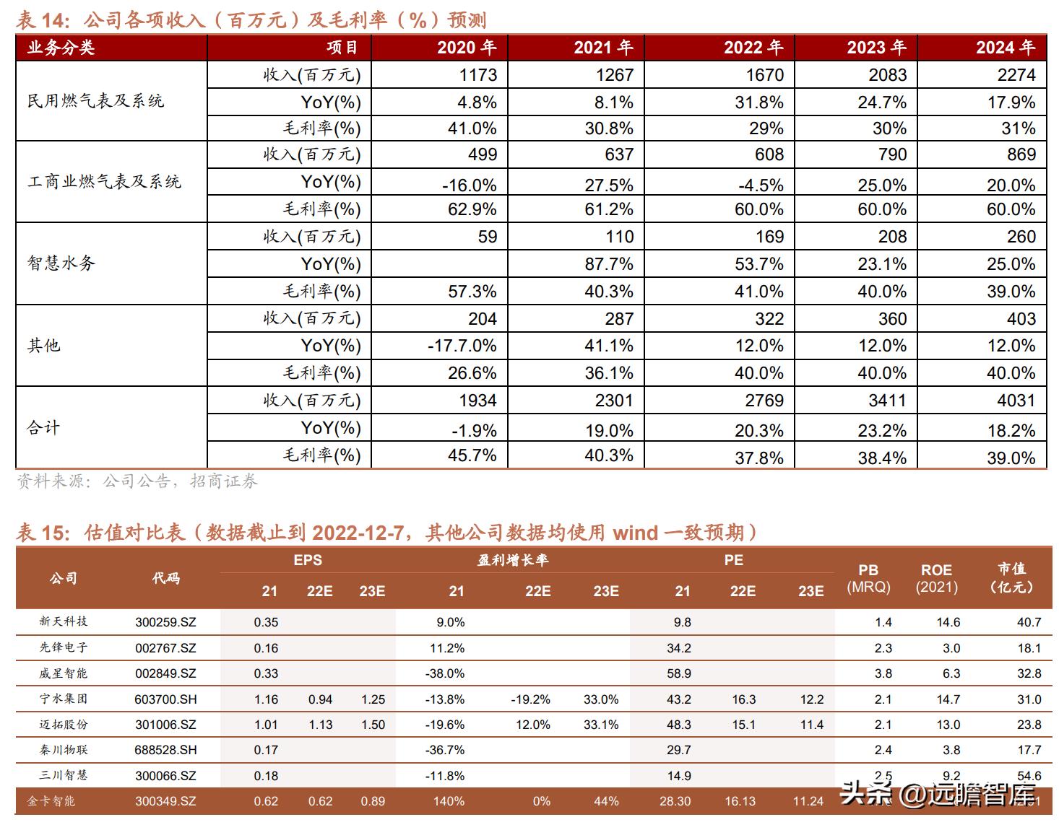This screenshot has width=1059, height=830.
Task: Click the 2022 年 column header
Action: pyautogui.click(x=753, y=48)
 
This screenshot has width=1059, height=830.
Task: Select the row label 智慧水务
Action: pyautogui.click(x=61, y=263)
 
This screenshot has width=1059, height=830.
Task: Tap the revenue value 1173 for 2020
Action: pyautogui.click(x=477, y=74)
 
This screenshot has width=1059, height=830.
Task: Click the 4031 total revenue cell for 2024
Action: pyautogui.click(x=1016, y=401)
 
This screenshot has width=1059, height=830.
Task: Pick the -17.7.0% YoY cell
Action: pyautogui.click(x=462, y=346)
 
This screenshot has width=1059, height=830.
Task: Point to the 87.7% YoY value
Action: pyautogui.click(x=609, y=264)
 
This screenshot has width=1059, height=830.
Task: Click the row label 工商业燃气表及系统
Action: pyautogui.click(x=104, y=182)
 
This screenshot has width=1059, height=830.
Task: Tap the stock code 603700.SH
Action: pyautogui.click(x=165, y=699)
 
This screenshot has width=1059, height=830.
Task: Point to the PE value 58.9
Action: pyautogui.click(x=679, y=673)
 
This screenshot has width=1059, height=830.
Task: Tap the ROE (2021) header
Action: pyautogui.click(x=936, y=578)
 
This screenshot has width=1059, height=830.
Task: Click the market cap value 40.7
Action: pyautogui.click(x=1029, y=622)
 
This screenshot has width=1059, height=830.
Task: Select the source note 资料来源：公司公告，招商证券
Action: pyautogui.click(x=137, y=481)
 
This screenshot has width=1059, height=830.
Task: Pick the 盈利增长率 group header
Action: pyautogui.click(x=513, y=560)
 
